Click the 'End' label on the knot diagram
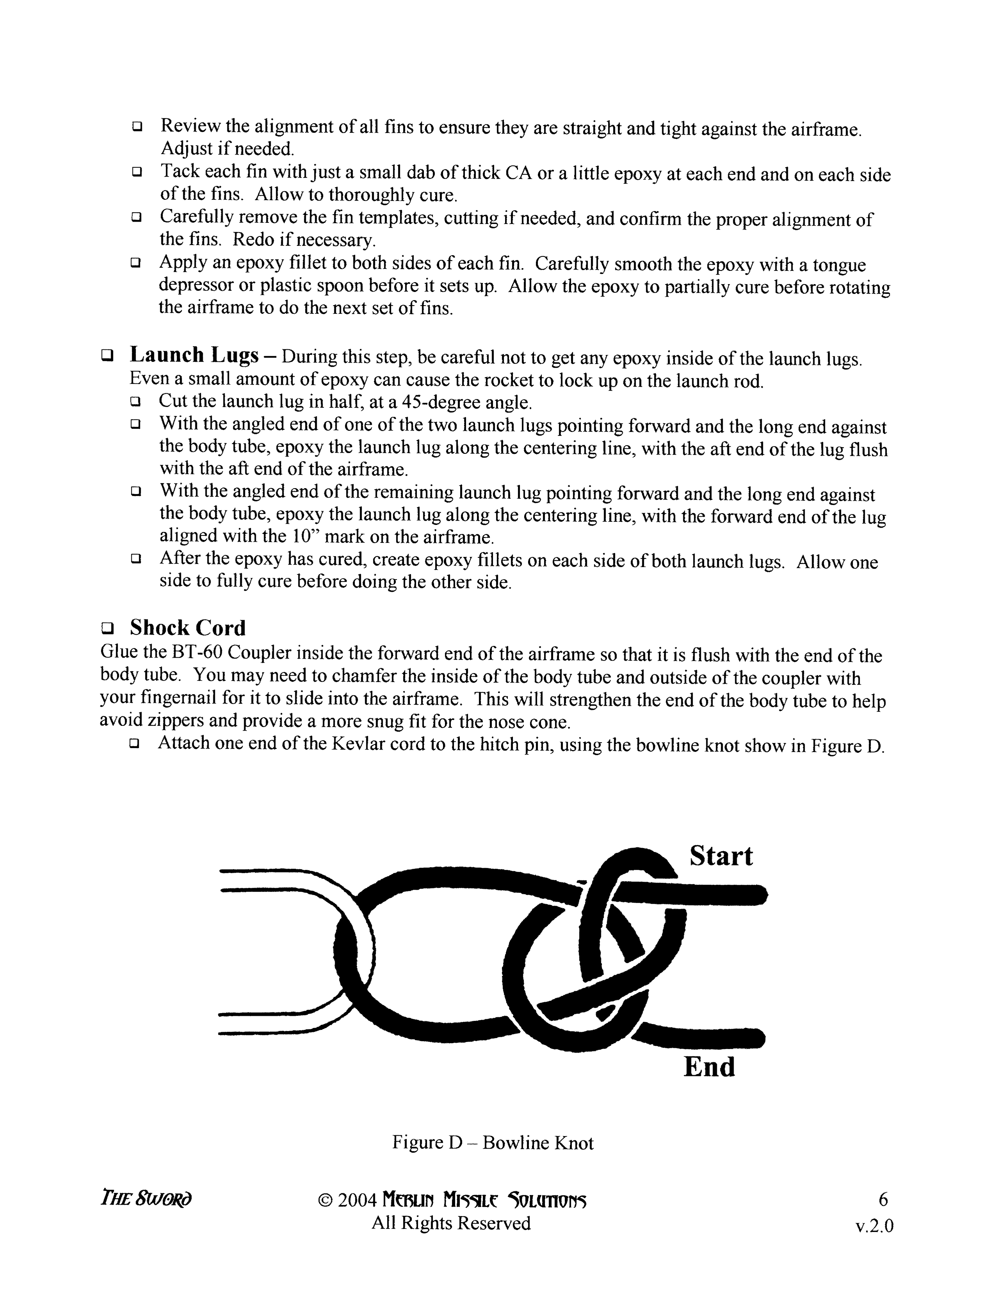pyautogui.click(x=709, y=1067)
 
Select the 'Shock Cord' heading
pyautogui.click(x=188, y=628)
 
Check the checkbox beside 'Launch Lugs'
pyautogui.click(x=107, y=356)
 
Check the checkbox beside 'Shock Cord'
pyautogui.click(x=107, y=628)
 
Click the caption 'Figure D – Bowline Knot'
pyautogui.click(x=492, y=1143)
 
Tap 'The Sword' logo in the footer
pyautogui.click(x=146, y=1199)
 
